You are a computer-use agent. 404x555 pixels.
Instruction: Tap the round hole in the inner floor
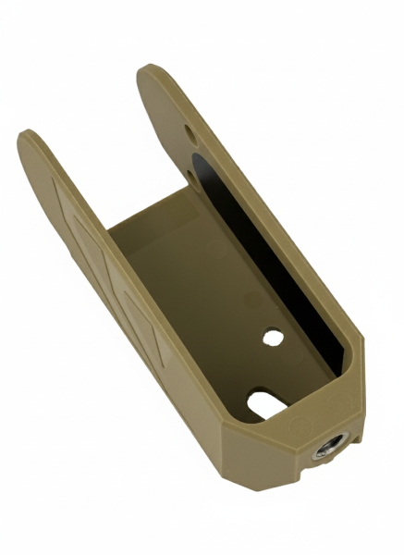272,337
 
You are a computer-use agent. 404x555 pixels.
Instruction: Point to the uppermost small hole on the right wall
190,136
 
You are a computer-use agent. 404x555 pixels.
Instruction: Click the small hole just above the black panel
190,172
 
